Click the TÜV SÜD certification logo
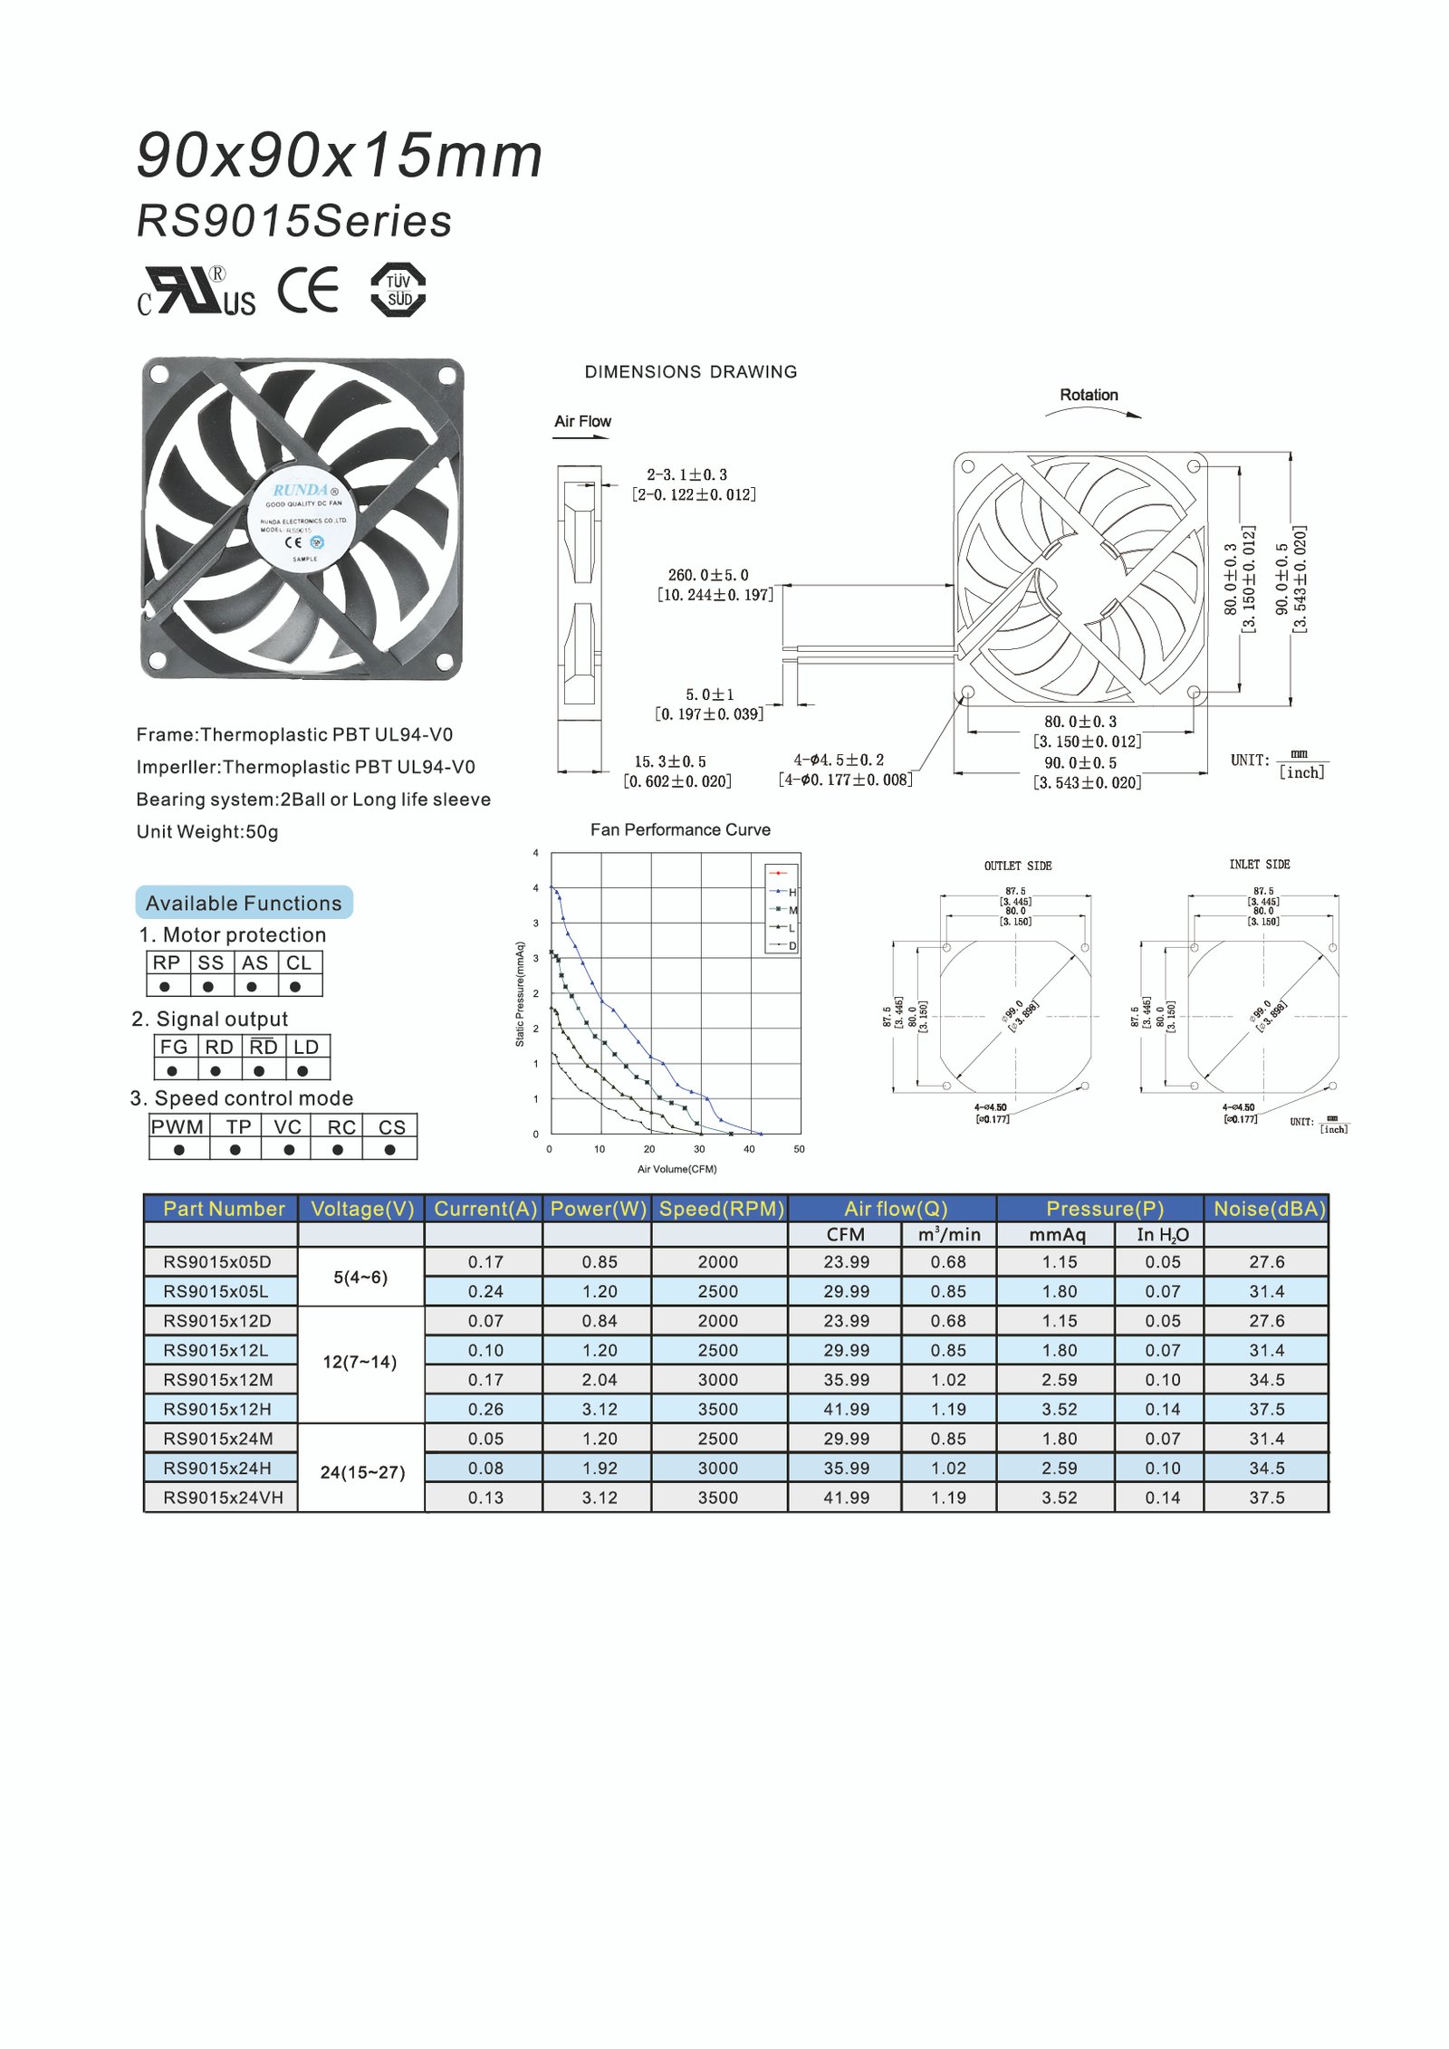pyautogui.click(x=398, y=290)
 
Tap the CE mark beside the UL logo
pyautogui.click(x=308, y=290)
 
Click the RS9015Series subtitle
pyautogui.click(x=293, y=221)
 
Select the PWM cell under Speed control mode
pyautogui.click(x=178, y=1126)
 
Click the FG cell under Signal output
pyautogui.click(x=173, y=1047)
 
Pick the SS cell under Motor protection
pyautogui.click(x=210, y=962)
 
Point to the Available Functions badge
pyautogui.click(x=244, y=903)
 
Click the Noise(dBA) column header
pyautogui.click(x=1268, y=1209)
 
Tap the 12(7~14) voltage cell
pyautogui.click(x=360, y=1362)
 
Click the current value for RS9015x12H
pyautogui.click(x=485, y=1409)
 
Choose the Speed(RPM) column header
pyautogui.click(x=721, y=1209)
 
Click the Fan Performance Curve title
pyautogui.click(x=680, y=829)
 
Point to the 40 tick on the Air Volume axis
pyautogui.click(x=749, y=1149)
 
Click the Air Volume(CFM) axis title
pyautogui.click(x=677, y=1169)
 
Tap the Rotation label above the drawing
pyautogui.click(x=1089, y=395)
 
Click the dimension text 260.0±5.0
pyautogui.click(x=708, y=575)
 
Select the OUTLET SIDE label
pyautogui.click(x=1018, y=866)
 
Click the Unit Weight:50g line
pyautogui.click(x=207, y=831)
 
